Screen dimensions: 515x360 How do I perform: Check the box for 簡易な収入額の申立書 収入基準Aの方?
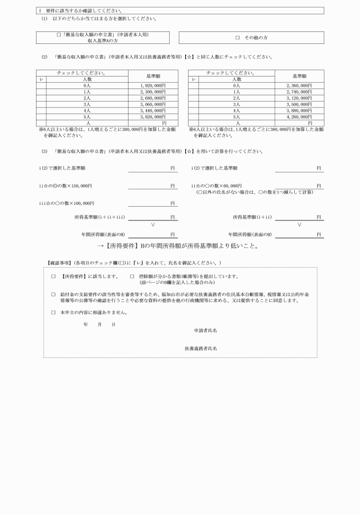click(x=59, y=35)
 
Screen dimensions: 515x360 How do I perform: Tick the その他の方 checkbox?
click(x=237, y=38)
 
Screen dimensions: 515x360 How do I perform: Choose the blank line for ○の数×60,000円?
click(x=299, y=187)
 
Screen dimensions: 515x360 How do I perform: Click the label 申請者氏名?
click(x=205, y=331)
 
